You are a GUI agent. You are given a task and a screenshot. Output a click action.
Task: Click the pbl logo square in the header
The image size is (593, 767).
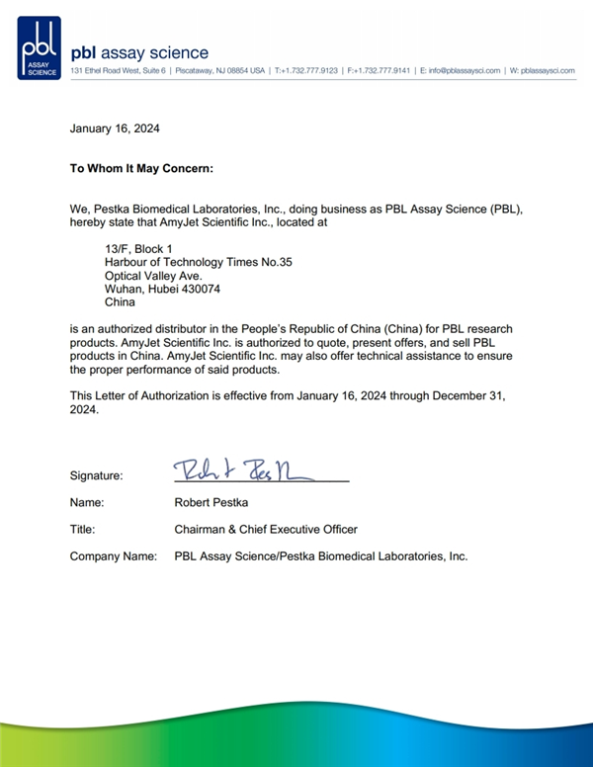39,47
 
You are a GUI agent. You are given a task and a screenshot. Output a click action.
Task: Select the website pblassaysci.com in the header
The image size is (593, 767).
548,71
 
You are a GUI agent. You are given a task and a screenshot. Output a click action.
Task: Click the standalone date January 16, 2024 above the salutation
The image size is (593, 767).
115,128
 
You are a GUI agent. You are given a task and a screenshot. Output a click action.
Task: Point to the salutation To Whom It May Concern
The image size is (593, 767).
141,168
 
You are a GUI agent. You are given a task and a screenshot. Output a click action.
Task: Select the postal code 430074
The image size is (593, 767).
199,289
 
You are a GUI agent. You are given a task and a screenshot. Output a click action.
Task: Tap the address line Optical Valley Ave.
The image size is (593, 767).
153,276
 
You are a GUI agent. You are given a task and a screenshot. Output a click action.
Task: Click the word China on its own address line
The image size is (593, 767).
120,302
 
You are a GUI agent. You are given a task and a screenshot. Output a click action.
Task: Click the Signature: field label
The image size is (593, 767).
97,475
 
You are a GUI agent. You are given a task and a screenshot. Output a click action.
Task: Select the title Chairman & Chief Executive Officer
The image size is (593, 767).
266,529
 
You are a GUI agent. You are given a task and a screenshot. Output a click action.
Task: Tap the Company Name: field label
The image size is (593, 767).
113,556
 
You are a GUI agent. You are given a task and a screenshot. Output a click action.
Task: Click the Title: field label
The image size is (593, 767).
83,529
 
